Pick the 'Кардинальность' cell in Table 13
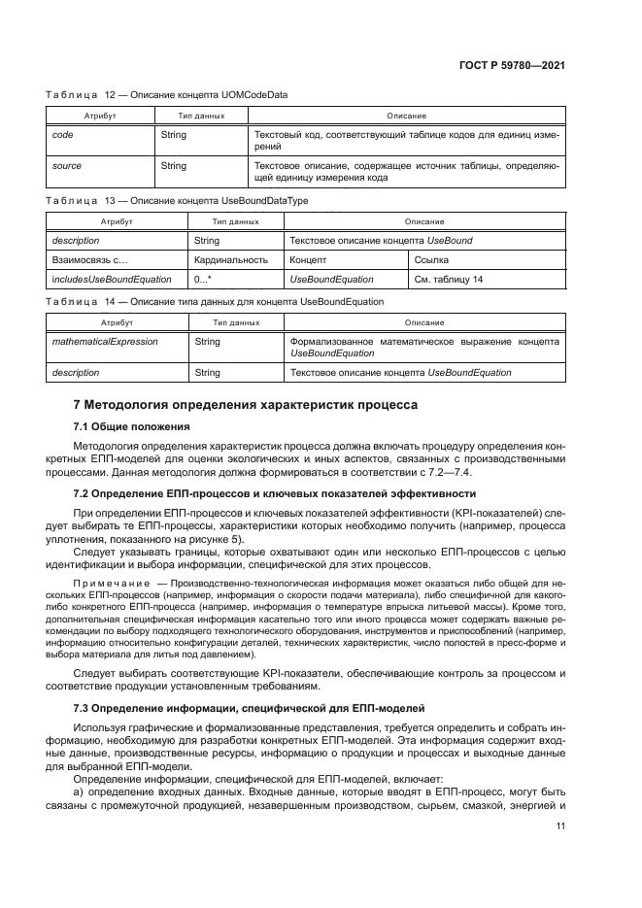(x=230, y=260)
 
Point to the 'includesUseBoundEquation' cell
(x=111, y=280)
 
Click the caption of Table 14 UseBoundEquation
(x=215, y=301)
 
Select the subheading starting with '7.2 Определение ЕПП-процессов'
(x=275, y=493)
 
